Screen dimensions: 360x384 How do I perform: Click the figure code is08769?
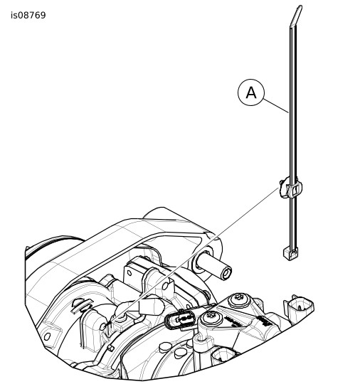[28, 15]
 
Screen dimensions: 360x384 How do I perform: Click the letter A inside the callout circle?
[251, 93]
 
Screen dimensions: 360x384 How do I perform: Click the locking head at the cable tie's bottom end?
[291, 253]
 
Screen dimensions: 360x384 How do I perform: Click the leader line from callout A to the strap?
[276, 106]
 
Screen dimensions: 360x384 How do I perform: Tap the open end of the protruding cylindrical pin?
[226, 272]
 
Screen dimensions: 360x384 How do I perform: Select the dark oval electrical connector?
[181, 319]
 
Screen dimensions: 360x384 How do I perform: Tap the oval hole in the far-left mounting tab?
[47, 336]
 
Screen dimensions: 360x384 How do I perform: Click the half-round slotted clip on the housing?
[82, 305]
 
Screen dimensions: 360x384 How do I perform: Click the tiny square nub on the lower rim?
[111, 348]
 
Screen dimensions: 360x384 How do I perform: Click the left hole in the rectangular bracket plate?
[129, 273]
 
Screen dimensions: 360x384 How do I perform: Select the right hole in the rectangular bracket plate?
[166, 286]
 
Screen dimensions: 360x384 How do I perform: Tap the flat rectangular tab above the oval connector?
[151, 306]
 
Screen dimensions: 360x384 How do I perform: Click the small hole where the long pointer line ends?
[103, 326]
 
